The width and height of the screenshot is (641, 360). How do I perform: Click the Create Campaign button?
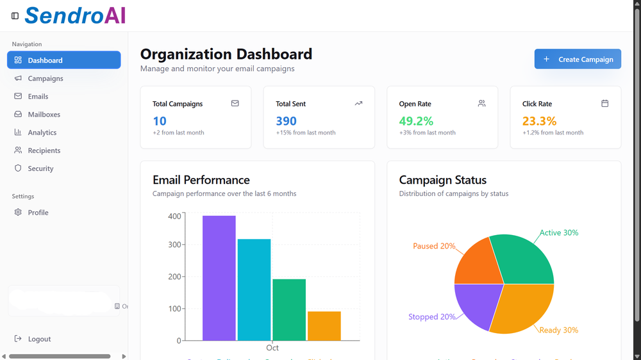[578, 59]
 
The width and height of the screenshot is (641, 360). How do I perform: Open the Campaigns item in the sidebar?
[45, 78]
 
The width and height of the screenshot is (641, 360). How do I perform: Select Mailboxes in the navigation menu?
[44, 115]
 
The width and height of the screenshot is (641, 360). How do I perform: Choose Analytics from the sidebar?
[42, 133]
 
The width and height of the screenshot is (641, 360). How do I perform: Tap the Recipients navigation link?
[44, 151]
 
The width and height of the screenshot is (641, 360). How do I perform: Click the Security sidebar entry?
[40, 168]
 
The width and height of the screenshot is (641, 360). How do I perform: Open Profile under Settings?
[38, 213]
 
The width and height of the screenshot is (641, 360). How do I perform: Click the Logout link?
[38, 339]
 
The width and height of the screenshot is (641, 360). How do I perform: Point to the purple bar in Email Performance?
[219, 278]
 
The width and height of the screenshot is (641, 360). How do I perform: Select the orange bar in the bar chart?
[324, 326]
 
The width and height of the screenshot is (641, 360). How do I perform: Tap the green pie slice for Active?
[522, 259]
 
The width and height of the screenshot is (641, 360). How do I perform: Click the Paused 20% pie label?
[434, 246]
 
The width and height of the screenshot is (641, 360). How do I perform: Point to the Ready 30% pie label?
[558, 331]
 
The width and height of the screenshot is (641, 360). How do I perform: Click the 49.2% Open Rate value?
[416, 121]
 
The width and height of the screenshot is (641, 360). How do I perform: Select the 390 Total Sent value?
[286, 121]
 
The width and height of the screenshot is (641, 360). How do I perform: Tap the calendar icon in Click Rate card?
[604, 103]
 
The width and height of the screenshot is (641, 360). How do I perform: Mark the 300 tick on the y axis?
[174, 245]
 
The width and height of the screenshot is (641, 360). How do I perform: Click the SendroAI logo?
[75, 15]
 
